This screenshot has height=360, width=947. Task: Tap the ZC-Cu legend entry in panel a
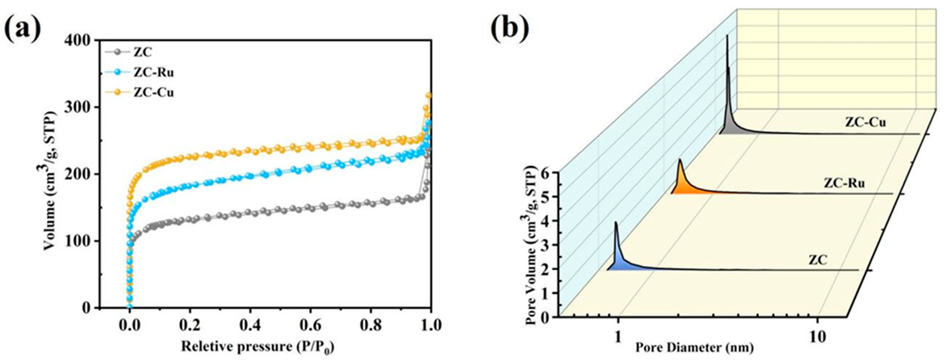point(154,93)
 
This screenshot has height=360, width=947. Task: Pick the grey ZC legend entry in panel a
point(143,52)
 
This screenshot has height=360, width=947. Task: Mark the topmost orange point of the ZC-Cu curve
point(429,96)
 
